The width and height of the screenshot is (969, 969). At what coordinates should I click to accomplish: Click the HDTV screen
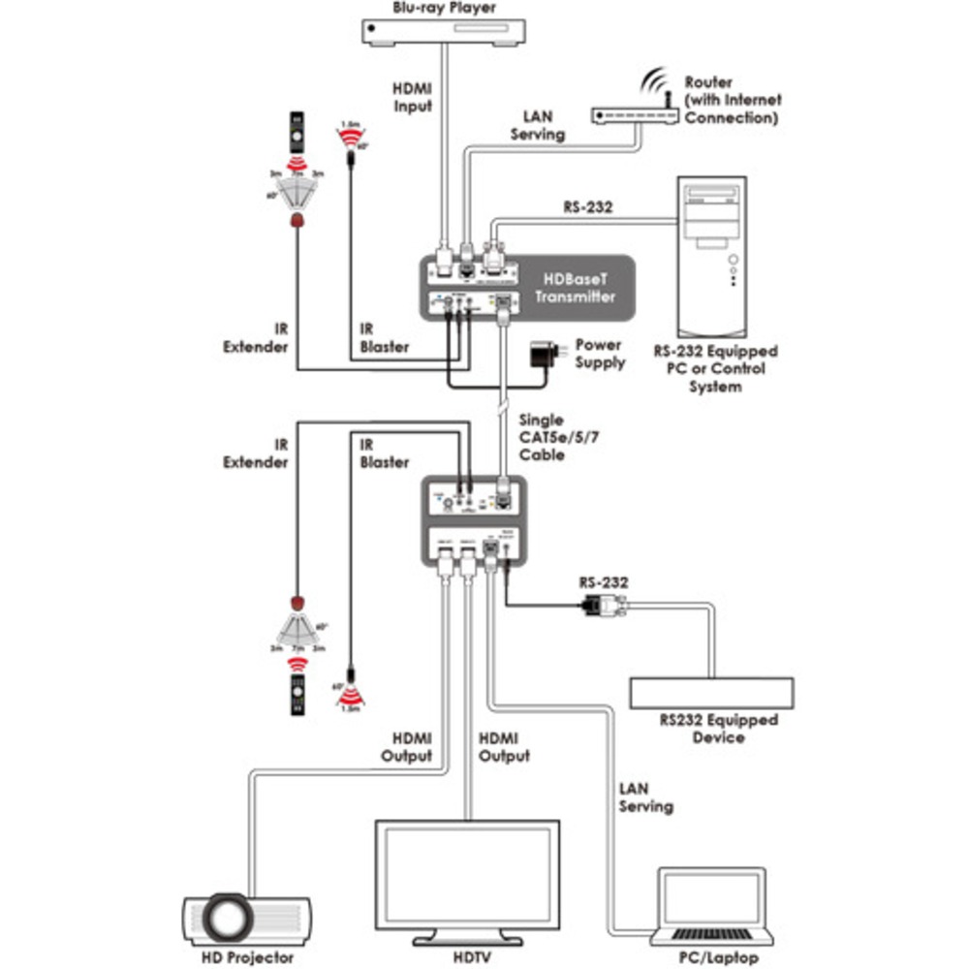pyautogui.click(x=467, y=875)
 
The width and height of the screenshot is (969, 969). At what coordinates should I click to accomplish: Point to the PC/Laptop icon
pyautogui.click(x=714, y=906)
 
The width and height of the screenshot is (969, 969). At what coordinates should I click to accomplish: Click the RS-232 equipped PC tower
pyautogui.click(x=710, y=256)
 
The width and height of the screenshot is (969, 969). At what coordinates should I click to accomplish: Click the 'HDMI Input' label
pyautogui.click(x=412, y=97)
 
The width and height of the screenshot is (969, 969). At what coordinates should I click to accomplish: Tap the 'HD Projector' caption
pyautogui.click(x=246, y=957)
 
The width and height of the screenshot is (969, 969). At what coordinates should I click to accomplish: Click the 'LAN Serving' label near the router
pyautogui.click(x=538, y=126)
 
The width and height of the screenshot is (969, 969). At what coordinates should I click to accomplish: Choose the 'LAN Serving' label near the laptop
pyautogui.click(x=645, y=797)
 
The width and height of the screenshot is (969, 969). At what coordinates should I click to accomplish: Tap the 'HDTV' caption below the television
pyautogui.click(x=467, y=957)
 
